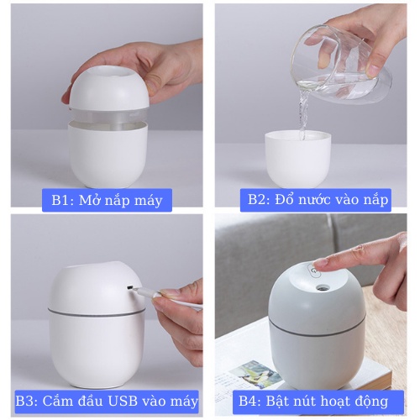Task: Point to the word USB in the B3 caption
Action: click(123, 401)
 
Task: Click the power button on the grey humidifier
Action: click(314, 271)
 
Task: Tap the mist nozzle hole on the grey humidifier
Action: click(322, 288)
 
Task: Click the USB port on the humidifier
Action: click(129, 287)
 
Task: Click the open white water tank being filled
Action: click(297, 159)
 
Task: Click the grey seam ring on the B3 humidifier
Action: click(97, 313)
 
